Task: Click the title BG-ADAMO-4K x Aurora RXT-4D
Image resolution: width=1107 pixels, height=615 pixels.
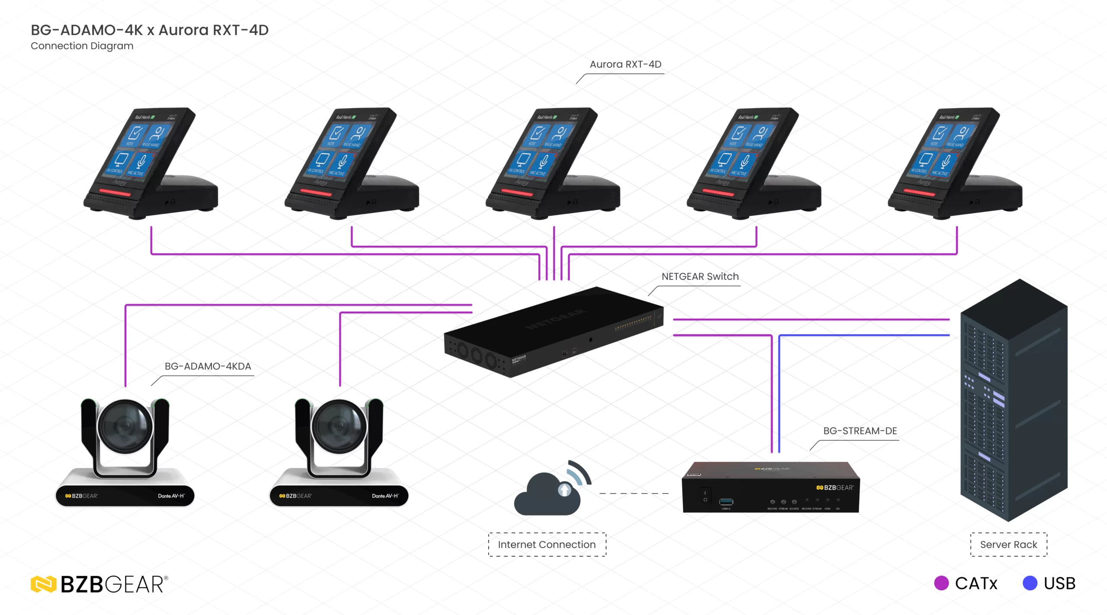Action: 150,30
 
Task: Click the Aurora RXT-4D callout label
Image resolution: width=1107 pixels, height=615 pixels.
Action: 625,64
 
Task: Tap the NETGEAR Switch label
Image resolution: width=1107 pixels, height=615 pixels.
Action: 700,276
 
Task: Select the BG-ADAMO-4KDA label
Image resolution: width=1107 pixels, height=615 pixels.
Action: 208,366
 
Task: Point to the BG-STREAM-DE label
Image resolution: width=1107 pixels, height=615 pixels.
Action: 860,431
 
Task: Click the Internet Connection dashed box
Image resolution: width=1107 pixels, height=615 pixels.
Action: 547,545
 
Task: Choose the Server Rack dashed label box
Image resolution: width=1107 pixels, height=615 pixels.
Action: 1008,545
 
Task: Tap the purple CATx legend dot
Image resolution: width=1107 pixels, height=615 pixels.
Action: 941,583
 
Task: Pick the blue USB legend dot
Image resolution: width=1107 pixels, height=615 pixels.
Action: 1030,583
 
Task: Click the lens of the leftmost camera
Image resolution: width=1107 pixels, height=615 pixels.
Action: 125,426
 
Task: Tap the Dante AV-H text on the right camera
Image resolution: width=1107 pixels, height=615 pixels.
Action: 385,496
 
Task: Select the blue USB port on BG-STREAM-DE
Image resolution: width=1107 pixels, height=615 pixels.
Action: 726,502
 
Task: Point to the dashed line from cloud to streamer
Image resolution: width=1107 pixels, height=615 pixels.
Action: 633,493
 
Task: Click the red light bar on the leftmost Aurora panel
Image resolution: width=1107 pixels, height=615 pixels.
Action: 115,192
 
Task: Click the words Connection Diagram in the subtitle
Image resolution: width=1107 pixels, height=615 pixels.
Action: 82,46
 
